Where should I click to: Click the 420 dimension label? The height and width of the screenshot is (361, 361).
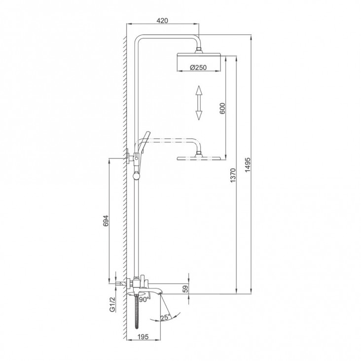pos(162,21)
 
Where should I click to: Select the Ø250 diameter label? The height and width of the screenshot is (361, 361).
pos(198,68)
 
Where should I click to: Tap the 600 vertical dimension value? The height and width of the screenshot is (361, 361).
pos(222,108)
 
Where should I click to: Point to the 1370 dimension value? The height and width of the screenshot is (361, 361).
pos(233,175)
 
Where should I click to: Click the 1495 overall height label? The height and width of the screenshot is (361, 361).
pos(248,165)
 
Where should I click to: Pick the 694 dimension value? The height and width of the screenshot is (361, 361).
pos(105,221)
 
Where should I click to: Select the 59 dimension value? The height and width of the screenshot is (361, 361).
pos(185,289)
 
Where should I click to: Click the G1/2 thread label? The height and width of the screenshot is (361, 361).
pos(112,305)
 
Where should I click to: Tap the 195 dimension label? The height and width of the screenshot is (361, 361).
pos(143,337)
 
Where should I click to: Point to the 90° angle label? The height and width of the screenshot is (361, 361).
pos(144,299)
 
